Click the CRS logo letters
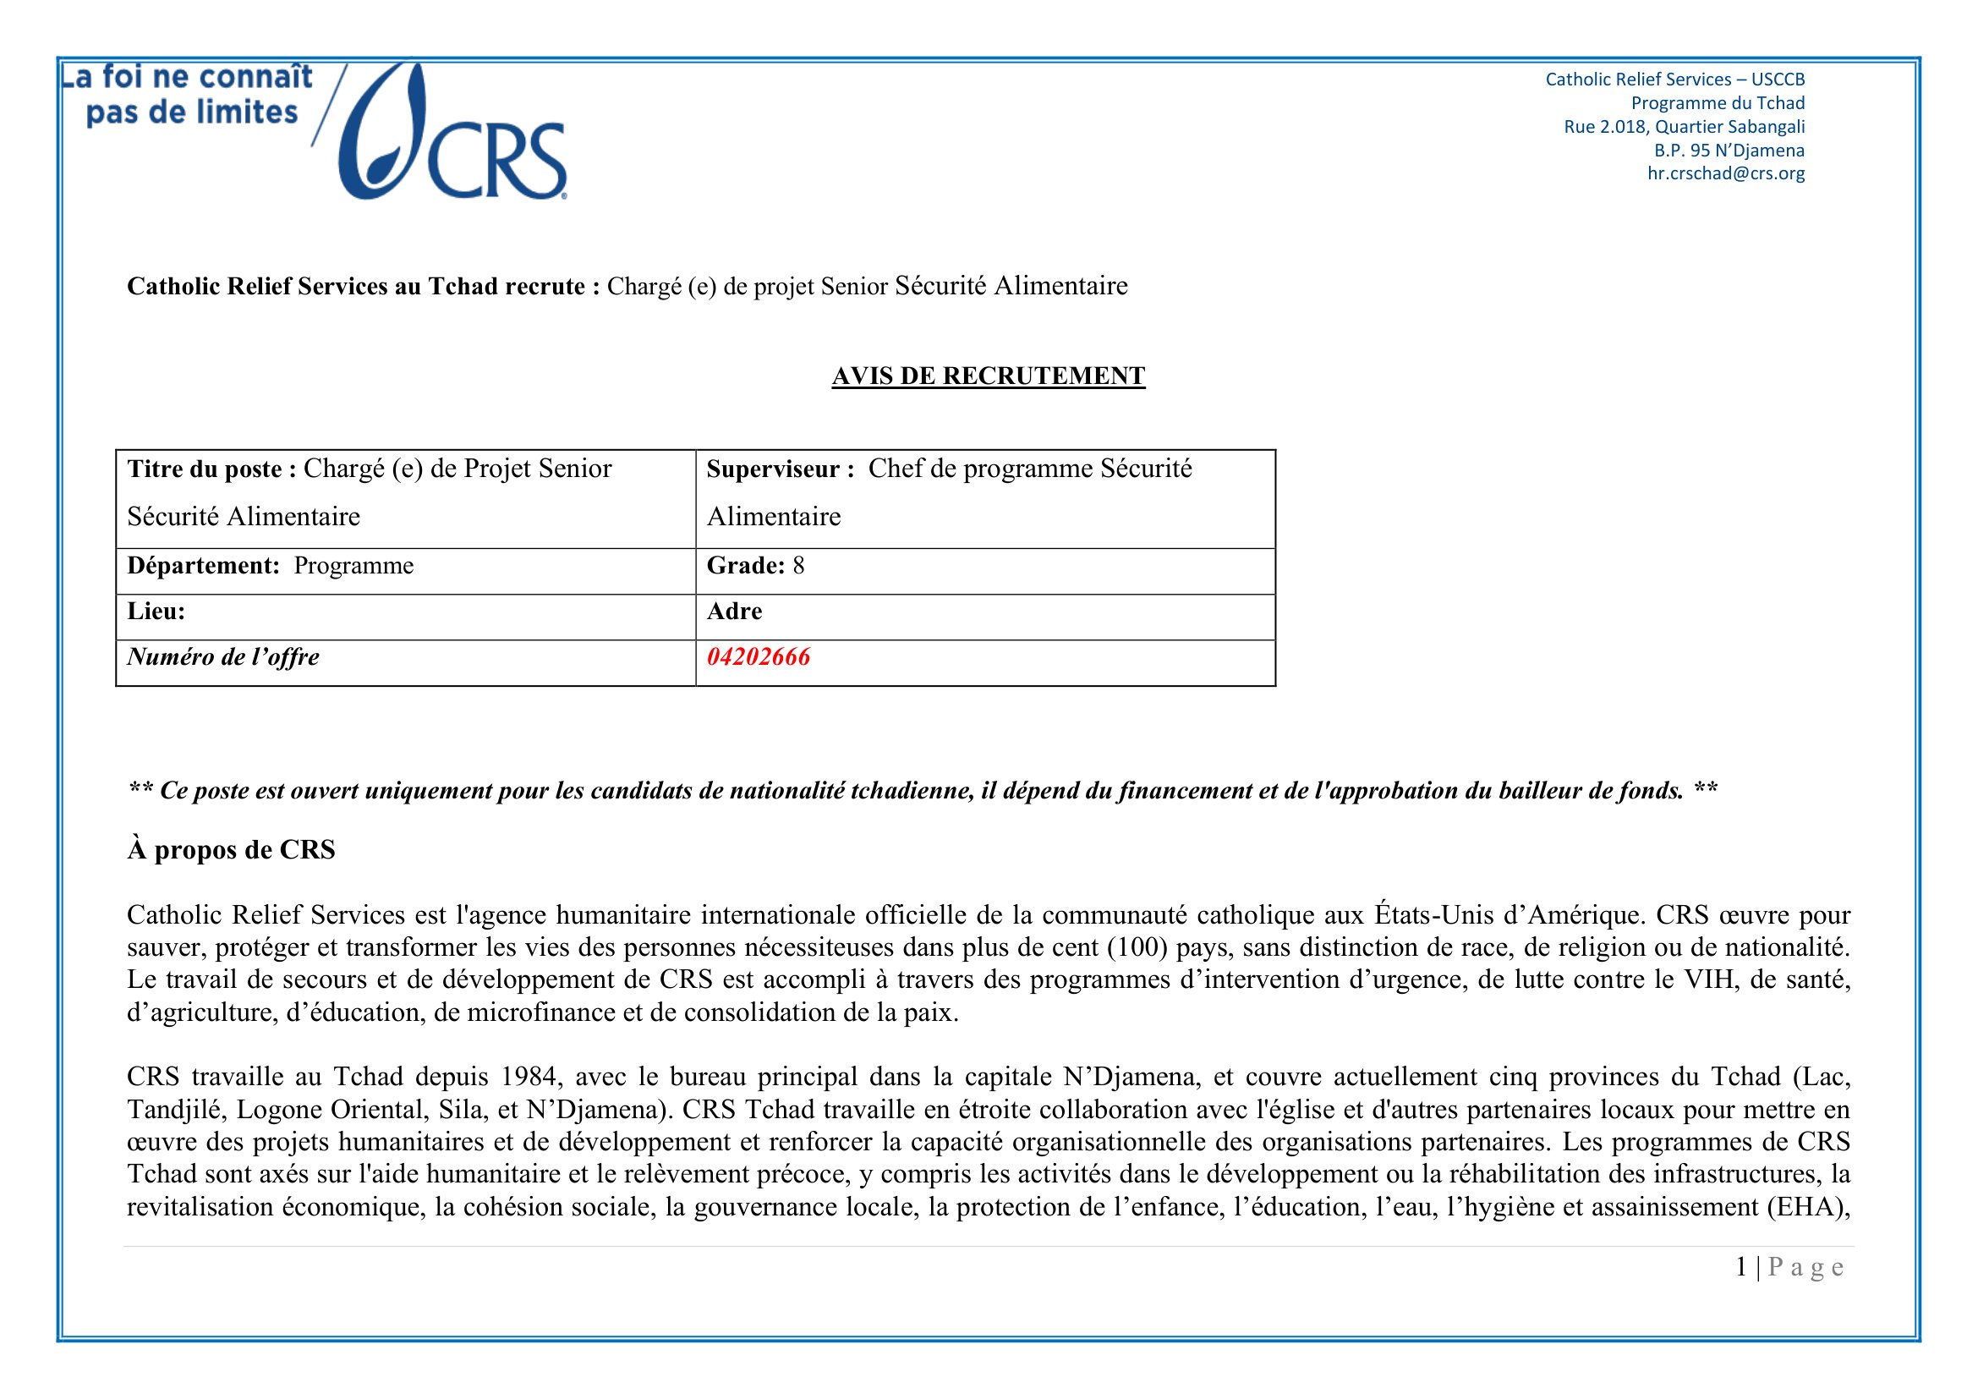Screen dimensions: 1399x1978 496,160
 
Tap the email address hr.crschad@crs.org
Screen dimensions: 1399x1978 1726,173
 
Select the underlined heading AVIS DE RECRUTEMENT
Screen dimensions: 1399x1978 988,376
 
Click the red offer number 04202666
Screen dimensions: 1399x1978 758,657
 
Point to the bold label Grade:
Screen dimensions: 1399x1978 745,566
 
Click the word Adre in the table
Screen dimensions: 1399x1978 734,612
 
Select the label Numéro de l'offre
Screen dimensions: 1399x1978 223,657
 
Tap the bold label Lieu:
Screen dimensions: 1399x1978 156,612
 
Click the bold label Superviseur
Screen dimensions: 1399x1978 780,469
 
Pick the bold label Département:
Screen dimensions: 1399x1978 203,566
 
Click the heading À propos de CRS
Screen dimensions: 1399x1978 231,850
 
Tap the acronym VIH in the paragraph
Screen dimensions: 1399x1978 1709,979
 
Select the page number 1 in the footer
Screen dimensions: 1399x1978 1741,1267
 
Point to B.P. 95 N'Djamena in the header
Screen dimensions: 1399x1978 1729,150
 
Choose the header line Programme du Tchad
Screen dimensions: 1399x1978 1718,103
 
